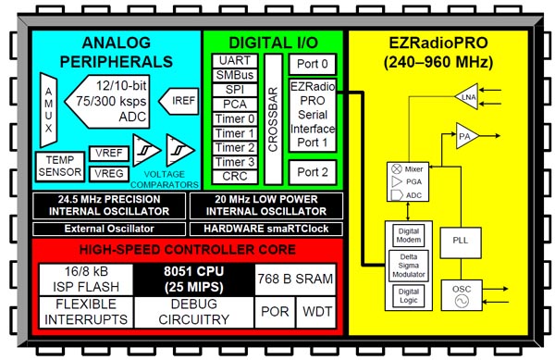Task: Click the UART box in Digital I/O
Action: tap(234, 60)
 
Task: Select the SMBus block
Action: tap(234, 75)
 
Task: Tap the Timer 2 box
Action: tap(234, 147)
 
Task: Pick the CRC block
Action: tap(234, 176)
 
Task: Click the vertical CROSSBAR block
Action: tap(273, 118)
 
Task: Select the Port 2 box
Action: tap(311, 172)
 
